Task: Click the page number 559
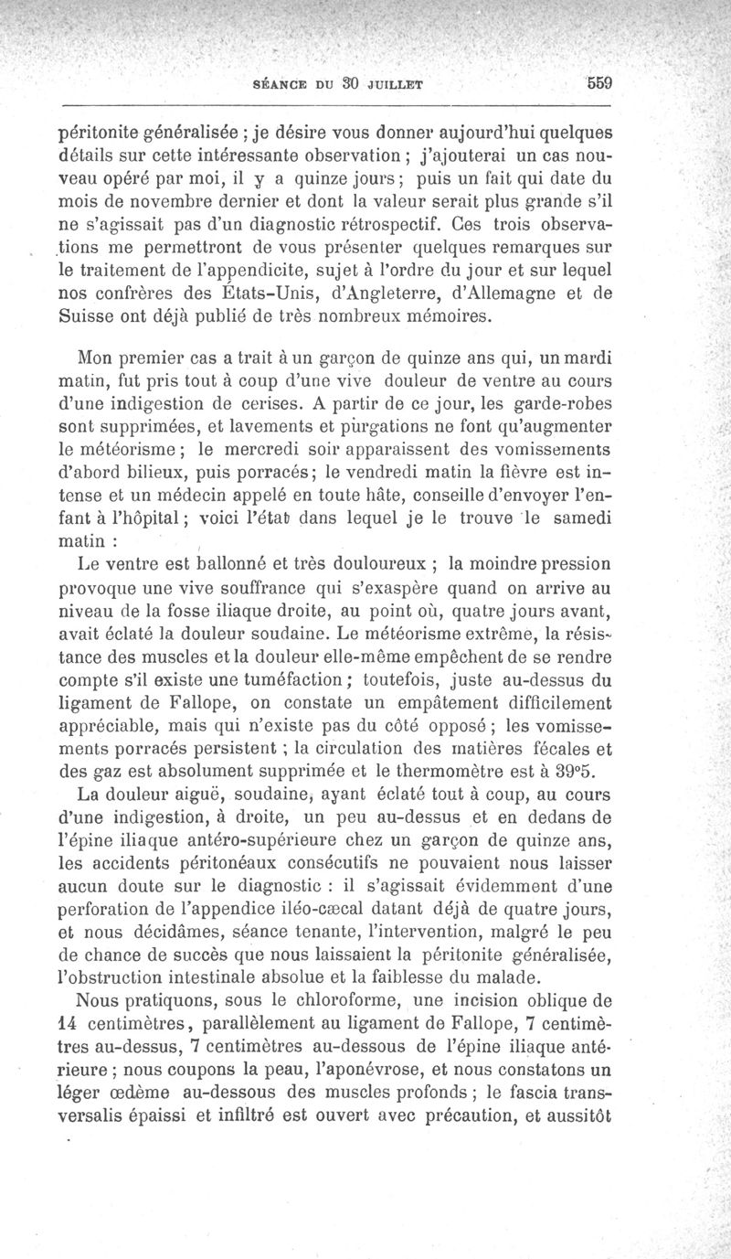pos(599,82)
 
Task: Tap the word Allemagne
pos(506,293)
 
